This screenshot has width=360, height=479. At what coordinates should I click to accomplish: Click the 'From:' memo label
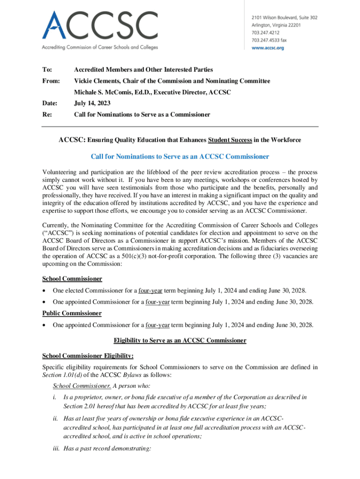pos(51,81)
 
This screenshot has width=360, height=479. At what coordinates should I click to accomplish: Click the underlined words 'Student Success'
pos(230,140)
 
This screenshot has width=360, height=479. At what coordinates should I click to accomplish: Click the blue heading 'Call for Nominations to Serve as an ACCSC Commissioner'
pos(180,156)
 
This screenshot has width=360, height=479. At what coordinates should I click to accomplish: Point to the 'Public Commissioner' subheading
pos(72,313)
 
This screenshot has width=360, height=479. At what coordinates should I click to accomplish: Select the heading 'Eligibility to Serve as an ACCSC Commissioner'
pos(180,341)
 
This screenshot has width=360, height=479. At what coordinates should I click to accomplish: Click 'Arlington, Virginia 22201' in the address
pos(273,25)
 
